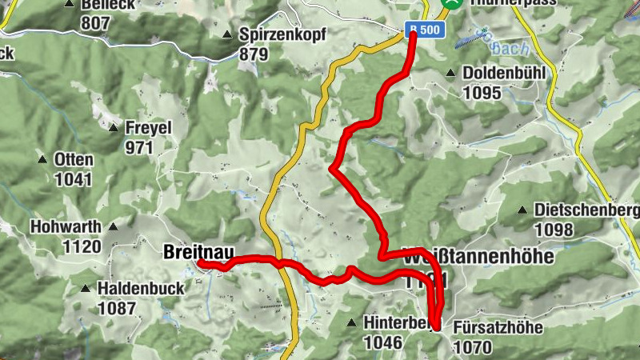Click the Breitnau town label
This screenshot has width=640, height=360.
click(192, 251)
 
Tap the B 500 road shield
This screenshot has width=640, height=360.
click(423, 30)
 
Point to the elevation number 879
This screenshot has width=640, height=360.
click(254, 54)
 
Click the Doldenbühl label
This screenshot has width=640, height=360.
click(504, 74)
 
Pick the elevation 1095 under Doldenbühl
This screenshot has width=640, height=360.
click(482, 93)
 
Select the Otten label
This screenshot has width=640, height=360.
click(74, 159)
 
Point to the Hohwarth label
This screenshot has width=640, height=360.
click(66, 227)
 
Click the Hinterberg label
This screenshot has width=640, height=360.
click(398, 322)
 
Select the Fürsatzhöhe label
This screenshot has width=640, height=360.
click(498, 328)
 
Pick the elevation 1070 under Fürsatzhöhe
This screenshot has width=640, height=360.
click(472, 347)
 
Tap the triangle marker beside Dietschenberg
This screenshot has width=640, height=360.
click(522, 210)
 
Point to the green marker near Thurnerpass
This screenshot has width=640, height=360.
click(454, 3)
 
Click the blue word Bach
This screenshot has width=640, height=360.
click(510, 48)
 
